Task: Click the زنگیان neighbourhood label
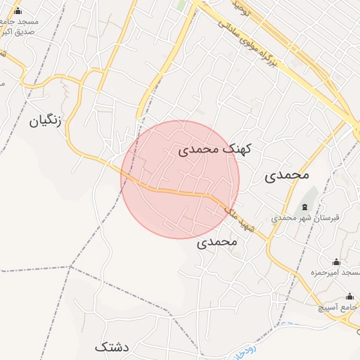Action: [x=46, y=121]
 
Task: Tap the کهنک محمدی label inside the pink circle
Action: [x=214, y=149]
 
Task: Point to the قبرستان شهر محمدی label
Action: [x=305, y=218]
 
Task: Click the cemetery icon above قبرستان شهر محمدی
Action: [x=304, y=207]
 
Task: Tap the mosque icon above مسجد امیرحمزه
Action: [x=336, y=262]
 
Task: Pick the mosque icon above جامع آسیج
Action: [x=349, y=296]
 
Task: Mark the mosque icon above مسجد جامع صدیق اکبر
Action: [x=18, y=11]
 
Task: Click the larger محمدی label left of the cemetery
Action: [x=287, y=175]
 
